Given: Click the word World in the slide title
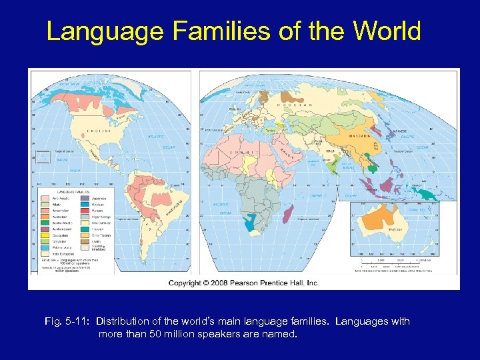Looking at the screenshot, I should (387, 31).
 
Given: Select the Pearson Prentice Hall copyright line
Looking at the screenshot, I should (243, 283).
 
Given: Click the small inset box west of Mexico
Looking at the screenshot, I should (43, 157).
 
